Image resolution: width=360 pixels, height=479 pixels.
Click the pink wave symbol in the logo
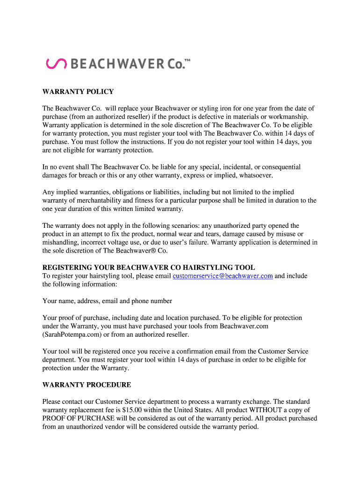click(x=56, y=64)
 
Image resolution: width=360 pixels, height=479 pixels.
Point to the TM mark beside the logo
click(x=187, y=60)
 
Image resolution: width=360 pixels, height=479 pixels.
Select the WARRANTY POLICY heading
click(x=78, y=92)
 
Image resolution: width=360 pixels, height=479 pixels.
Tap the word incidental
click(x=234, y=167)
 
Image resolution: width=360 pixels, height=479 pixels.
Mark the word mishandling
click(x=60, y=242)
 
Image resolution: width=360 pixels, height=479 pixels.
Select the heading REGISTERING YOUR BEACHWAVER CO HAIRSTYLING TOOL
click(x=149, y=268)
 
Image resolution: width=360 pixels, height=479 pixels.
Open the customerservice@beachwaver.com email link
click(x=223, y=276)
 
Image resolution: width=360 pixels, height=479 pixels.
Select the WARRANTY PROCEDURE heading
click(x=87, y=385)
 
